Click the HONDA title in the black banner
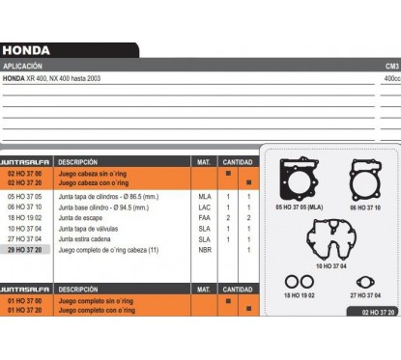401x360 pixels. point(26,50)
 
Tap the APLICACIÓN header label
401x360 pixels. point(23,66)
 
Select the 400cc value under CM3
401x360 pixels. point(391,77)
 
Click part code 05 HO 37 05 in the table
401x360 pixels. point(24,196)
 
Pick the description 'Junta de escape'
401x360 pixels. point(82,217)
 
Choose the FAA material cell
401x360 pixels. point(204,217)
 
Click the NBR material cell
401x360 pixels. point(204,249)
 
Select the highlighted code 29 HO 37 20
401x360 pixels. point(24,249)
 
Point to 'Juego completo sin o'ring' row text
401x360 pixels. point(97,301)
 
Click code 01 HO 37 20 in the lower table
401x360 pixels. point(24,310)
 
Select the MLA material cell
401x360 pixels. point(204,196)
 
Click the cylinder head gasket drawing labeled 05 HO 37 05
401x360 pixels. point(299,180)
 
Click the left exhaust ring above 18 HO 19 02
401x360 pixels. point(290,282)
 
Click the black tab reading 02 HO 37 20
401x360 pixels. point(371,312)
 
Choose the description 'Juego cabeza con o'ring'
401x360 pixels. point(94,181)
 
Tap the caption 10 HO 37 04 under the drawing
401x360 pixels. point(331,265)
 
